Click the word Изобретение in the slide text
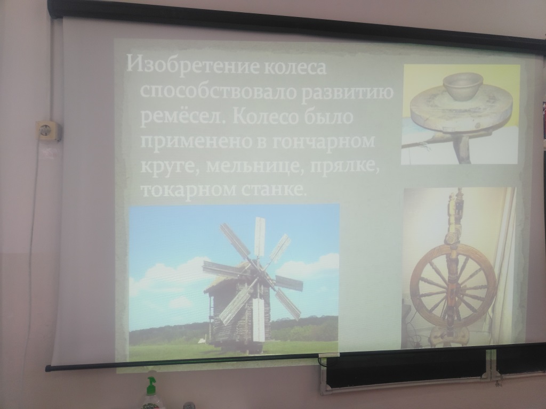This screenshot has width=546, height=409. pos(191,65)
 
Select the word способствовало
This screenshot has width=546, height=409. pos(219,91)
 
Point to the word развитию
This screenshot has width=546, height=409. pos(348,92)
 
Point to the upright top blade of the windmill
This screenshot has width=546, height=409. pos(260,237)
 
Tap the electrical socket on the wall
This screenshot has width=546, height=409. pos(49,131)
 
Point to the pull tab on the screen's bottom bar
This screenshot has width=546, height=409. pos(329,355)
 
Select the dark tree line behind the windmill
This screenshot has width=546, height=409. pos(303,329)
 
